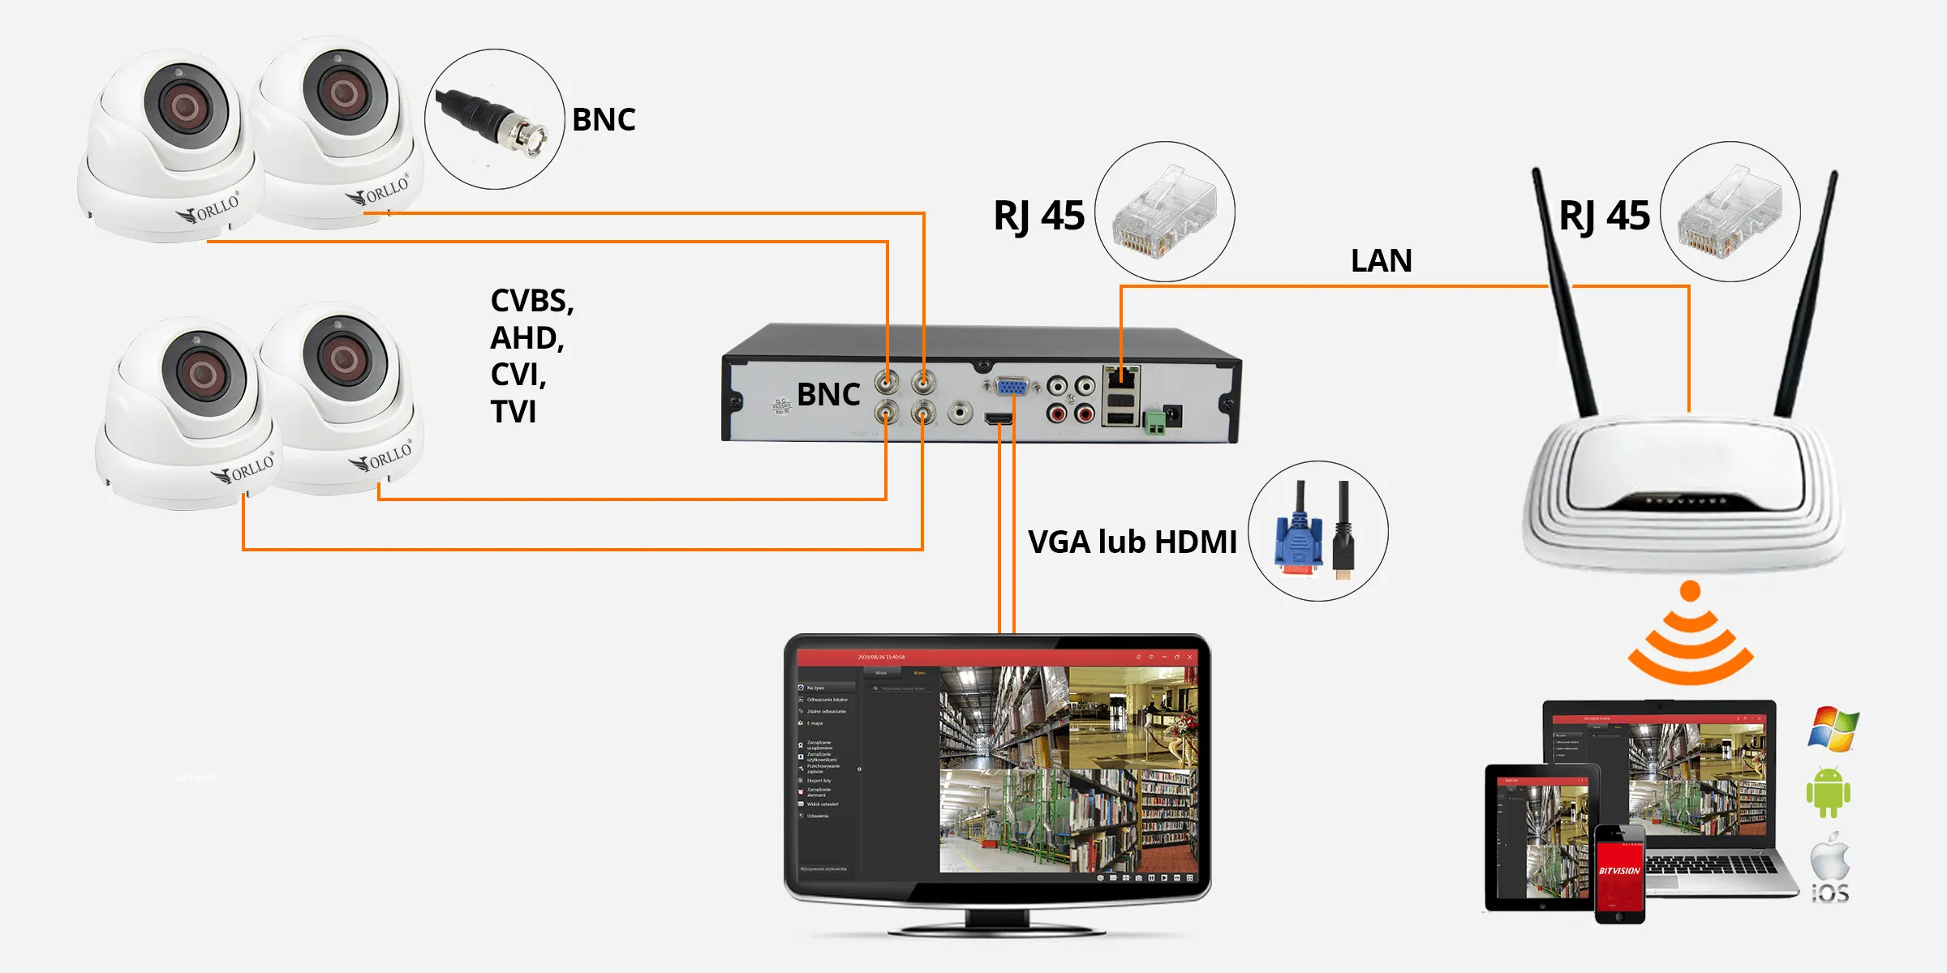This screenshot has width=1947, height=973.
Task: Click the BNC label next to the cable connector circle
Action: [x=604, y=120]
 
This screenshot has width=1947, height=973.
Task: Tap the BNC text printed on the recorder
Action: [x=828, y=395]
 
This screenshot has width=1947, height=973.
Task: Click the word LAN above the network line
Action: [x=1381, y=261]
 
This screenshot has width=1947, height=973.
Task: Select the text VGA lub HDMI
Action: [x=1132, y=542]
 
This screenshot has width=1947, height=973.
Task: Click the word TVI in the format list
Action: [x=514, y=412]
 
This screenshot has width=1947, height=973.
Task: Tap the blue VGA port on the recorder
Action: [x=1011, y=387]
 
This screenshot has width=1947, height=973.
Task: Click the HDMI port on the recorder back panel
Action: [x=999, y=418]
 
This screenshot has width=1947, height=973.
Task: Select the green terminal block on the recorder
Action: [x=1154, y=421]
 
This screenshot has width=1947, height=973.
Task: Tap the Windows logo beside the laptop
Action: [x=1833, y=728]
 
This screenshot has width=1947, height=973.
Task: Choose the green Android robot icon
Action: [x=1829, y=792]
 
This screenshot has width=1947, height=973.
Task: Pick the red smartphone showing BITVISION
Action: [x=1619, y=874]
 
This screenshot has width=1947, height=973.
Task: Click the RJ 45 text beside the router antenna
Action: [x=1604, y=216]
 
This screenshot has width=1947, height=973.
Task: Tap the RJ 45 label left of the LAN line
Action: [x=1038, y=216]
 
